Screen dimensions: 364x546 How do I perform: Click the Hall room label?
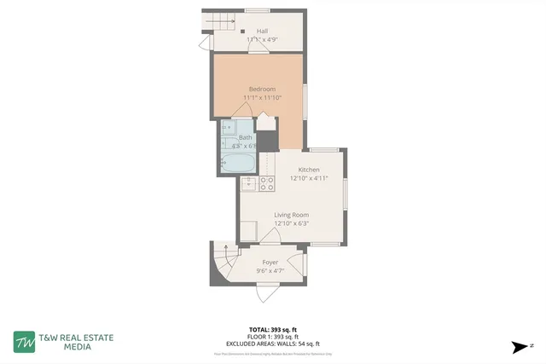coord(262,31)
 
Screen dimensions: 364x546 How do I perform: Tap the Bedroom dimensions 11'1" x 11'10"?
coord(262,98)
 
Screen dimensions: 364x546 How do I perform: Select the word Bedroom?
coord(262,89)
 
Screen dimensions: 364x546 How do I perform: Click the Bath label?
coord(245,137)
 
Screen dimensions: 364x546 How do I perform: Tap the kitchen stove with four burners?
coord(266,185)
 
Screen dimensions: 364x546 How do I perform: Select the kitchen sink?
coord(249,183)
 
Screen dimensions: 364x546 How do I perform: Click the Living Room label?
coord(291,215)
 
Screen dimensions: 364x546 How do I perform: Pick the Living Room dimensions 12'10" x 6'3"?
coord(291,223)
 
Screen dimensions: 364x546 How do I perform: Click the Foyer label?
coord(270,262)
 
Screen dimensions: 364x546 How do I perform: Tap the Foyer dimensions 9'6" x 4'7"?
coord(270,271)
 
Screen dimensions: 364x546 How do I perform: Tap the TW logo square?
coord(25,342)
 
